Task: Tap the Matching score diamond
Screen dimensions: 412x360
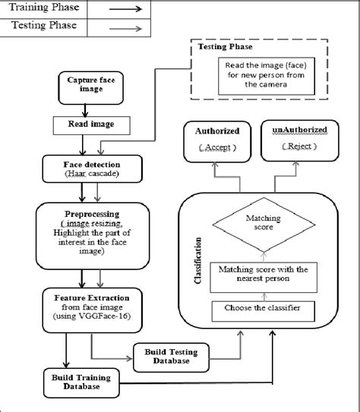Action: click(262, 222)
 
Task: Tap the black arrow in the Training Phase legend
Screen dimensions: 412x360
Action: click(125, 10)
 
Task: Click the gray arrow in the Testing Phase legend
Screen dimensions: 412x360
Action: click(125, 27)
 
